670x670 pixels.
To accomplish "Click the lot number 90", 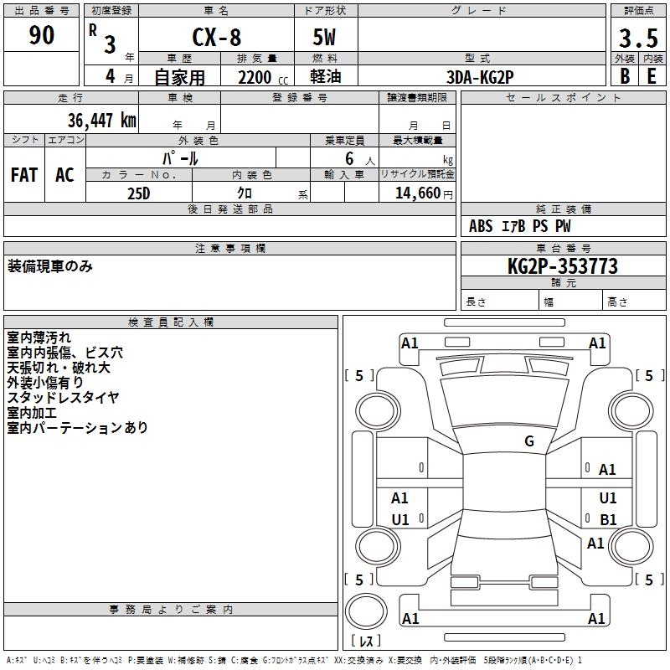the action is tap(41, 35).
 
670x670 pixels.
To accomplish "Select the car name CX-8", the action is tap(217, 37).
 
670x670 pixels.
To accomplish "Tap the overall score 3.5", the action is tap(638, 39).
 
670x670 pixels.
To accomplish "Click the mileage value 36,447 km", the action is tap(102, 120).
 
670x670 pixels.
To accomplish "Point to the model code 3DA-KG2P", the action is tap(480, 77).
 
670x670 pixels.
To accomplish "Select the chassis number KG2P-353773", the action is tap(563, 265).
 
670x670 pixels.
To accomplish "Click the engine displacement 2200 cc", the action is tap(263, 77).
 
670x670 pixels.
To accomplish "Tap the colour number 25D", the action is tap(139, 193).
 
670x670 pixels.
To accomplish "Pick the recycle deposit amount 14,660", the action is tap(418, 193).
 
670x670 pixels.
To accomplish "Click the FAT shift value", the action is tap(24, 175).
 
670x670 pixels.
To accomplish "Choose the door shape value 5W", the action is tap(324, 37).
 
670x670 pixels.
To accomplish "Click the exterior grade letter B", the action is tap(625, 76).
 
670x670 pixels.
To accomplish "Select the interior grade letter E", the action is tap(652, 76).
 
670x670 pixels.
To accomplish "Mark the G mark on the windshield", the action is tap(529, 441).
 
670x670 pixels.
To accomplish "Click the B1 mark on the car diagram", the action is tap(608, 519).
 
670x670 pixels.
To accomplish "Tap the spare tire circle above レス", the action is tap(366, 611).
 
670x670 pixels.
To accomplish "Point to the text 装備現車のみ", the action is tap(50, 266).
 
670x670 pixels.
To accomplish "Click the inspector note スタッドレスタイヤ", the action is tap(63, 397).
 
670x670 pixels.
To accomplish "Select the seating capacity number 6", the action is tap(349, 158).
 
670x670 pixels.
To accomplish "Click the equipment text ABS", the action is tap(481, 226).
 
